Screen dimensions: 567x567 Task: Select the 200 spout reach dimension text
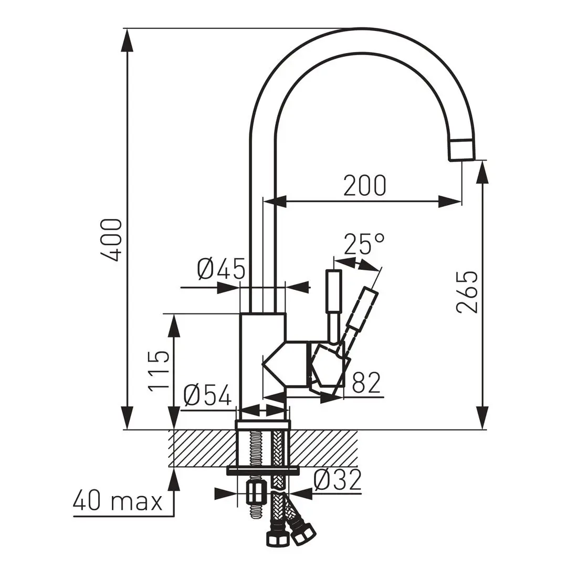pos(364,185)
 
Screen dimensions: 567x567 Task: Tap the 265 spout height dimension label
pos(467,292)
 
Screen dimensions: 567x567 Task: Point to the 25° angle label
pos(364,244)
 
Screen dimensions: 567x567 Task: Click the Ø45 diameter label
pos(221,269)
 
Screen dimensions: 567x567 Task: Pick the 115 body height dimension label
pos(159,372)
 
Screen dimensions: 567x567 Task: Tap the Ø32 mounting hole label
pos(338,479)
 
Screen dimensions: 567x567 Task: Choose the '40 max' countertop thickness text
pos(118,501)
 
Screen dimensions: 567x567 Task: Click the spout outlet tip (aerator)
pos(462,150)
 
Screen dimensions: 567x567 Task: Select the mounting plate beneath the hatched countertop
pos(262,470)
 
